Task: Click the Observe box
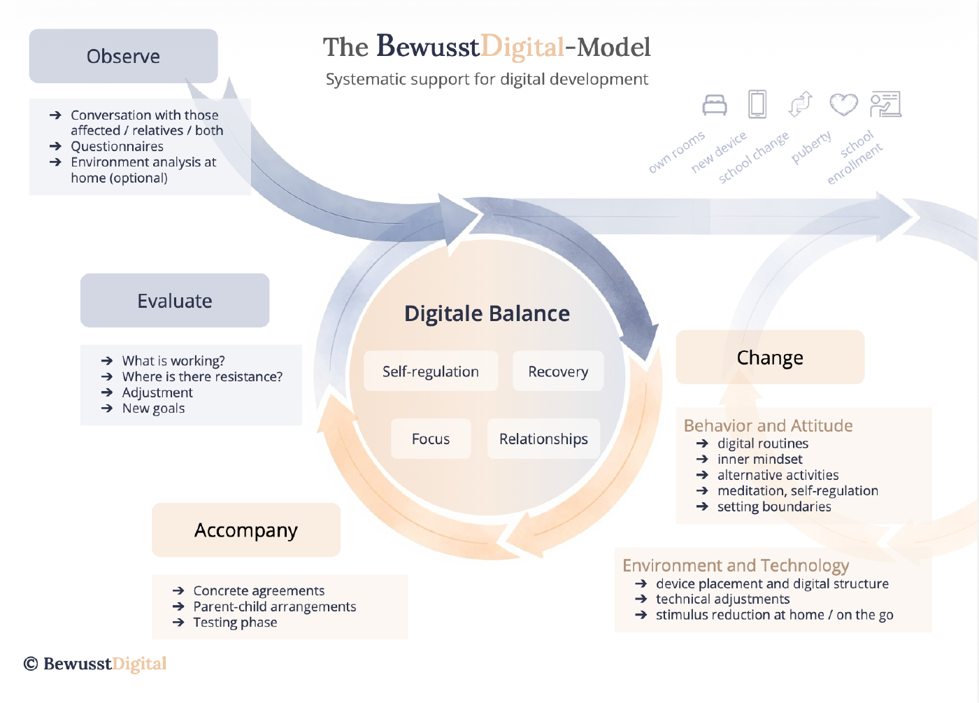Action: tap(123, 56)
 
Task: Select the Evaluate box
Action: tap(175, 301)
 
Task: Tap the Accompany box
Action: tap(246, 530)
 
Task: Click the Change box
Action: tap(770, 357)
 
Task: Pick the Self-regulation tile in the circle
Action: tap(431, 371)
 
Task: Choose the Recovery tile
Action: tap(558, 371)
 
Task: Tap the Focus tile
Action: tap(431, 439)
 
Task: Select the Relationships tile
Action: tap(543, 439)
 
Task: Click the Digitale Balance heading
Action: tap(487, 313)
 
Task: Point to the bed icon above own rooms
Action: tap(715, 105)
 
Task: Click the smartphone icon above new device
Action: tap(757, 104)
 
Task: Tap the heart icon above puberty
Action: tap(843, 104)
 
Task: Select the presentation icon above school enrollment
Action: tap(885, 104)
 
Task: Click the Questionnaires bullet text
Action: tap(117, 146)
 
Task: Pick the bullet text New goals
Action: tap(153, 409)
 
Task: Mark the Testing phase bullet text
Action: tap(235, 623)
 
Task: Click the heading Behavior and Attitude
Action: tap(768, 425)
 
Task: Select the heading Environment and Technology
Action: tap(736, 565)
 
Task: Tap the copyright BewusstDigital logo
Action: tap(96, 664)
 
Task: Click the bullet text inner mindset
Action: tap(759, 460)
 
